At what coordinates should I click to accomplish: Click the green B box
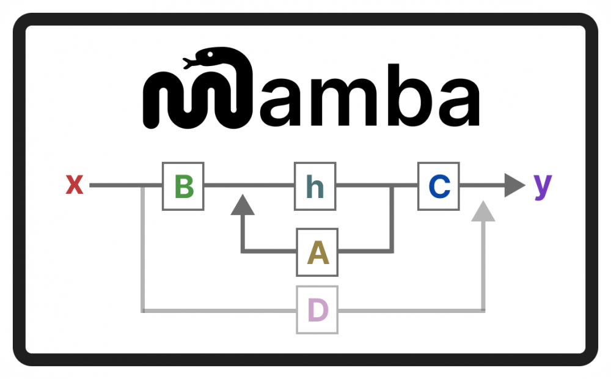point(183,186)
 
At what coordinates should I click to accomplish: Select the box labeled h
point(315,186)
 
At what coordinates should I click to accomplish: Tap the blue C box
point(438,186)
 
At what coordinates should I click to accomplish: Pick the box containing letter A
point(317,251)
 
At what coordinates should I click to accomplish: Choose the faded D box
point(317,310)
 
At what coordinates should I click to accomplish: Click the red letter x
point(75,185)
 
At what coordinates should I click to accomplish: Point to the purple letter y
point(543,185)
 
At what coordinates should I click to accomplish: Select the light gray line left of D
point(220,310)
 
